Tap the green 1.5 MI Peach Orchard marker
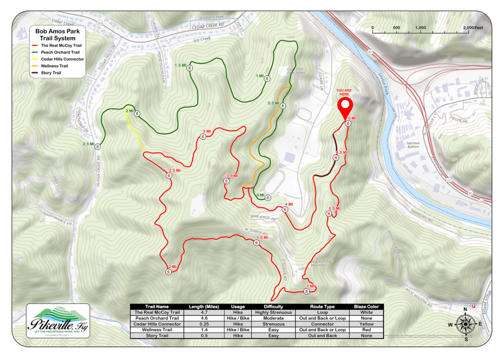189,69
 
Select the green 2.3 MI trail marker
98,146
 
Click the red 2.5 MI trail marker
169,176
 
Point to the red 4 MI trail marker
284,210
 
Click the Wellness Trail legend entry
54,66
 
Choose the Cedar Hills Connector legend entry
62,59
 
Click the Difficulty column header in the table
274,306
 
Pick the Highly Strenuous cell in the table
274,312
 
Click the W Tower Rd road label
255,231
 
